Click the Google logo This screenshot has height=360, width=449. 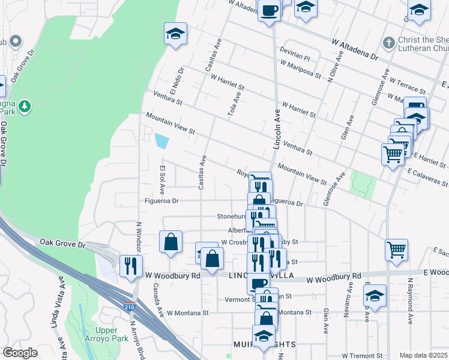(20, 353)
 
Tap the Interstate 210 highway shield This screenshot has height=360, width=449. (137, 307)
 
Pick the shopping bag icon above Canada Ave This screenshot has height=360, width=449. (171, 242)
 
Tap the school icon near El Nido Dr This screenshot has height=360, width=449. (175, 34)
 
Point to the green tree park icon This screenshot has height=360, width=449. (25, 107)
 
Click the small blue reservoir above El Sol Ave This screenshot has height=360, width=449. (161, 142)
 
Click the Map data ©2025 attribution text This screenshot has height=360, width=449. (423, 355)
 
